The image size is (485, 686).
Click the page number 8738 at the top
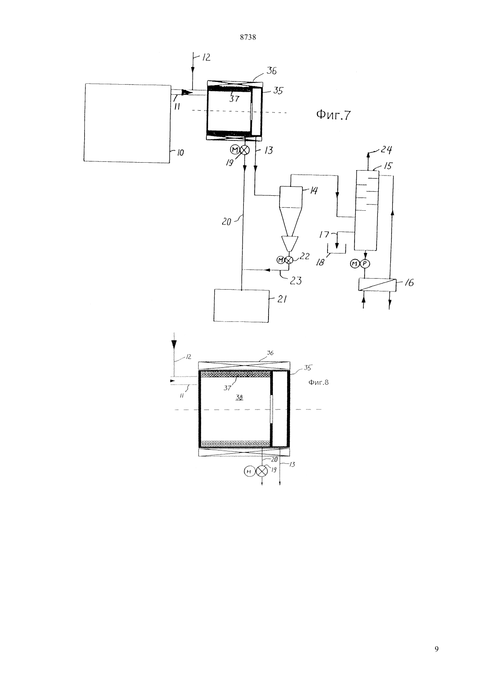(x=248, y=37)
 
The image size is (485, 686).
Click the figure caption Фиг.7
(x=333, y=115)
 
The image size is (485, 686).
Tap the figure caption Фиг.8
(x=318, y=382)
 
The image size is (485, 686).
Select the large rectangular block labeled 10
(x=127, y=123)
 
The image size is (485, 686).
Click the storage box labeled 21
(x=241, y=306)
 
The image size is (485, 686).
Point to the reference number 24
(x=386, y=149)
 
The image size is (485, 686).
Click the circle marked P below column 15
(x=365, y=263)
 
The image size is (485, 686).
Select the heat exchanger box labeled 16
(x=377, y=284)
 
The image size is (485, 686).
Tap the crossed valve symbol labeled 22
(x=289, y=260)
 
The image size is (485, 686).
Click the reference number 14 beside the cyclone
(x=313, y=190)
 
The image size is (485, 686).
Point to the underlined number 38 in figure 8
(x=239, y=398)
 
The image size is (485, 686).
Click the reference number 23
(x=295, y=280)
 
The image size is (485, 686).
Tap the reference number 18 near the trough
(x=320, y=262)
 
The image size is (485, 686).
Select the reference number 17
(x=324, y=235)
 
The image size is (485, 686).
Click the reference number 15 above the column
(x=388, y=166)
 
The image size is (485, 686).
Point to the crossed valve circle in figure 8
(x=261, y=471)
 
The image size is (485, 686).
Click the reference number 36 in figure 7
(x=271, y=71)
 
